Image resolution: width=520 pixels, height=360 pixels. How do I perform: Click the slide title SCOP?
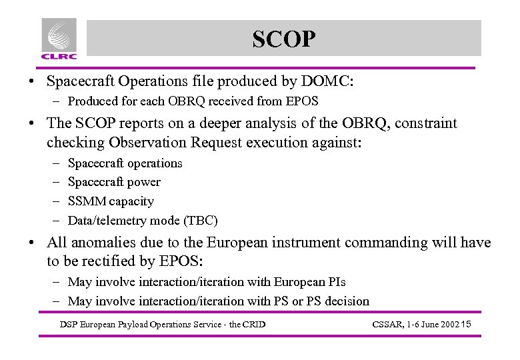click(x=283, y=39)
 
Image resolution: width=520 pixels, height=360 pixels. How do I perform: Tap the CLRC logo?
click(x=59, y=38)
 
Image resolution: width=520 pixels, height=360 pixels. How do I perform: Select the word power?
click(x=145, y=182)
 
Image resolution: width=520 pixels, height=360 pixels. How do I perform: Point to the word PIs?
click(x=335, y=282)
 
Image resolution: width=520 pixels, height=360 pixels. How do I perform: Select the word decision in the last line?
click(x=343, y=301)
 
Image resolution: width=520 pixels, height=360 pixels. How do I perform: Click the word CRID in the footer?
click(x=253, y=325)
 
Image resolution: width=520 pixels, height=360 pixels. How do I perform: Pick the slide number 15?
click(x=466, y=325)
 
